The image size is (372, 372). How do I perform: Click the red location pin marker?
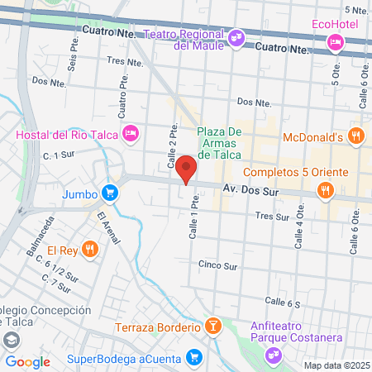(x=187, y=168)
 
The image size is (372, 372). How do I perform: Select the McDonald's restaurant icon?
(x=356, y=136)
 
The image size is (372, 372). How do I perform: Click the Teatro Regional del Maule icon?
(x=236, y=36)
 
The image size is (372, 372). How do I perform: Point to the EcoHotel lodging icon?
(x=336, y=41)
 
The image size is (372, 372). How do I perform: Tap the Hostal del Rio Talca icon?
(x=130, y=133)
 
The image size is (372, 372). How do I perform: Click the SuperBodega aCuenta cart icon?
(x=194, y=356)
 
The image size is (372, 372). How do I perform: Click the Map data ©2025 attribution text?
(x=336, y=365)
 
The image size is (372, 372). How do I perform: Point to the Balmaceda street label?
(x=41, y=235)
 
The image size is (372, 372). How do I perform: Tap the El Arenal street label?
(x=108, y=229)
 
